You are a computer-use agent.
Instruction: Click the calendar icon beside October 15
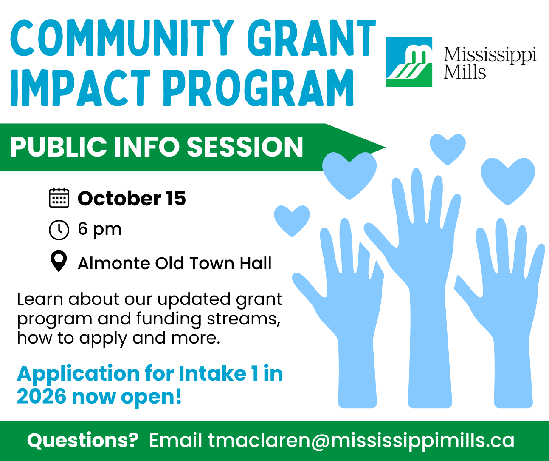[x=59, y=198]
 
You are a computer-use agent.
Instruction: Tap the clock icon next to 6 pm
[x=59, y=230]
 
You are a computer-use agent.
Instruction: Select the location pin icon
[x=59, y=261]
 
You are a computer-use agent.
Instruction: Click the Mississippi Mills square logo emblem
[x=409, y=62]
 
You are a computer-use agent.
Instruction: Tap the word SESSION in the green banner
[x=245, y=147]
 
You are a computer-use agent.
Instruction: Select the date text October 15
[x=132, y=198]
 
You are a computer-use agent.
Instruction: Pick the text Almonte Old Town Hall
[x=175, y=263]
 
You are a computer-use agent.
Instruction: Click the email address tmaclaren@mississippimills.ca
[x=361, y=440]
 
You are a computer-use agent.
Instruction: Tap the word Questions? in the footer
[x=82, y=440]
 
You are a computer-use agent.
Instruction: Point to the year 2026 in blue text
[x=42, y=396]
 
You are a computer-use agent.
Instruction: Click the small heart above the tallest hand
[x=448, y=149]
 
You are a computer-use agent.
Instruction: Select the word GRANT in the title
[x=311, y=38]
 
